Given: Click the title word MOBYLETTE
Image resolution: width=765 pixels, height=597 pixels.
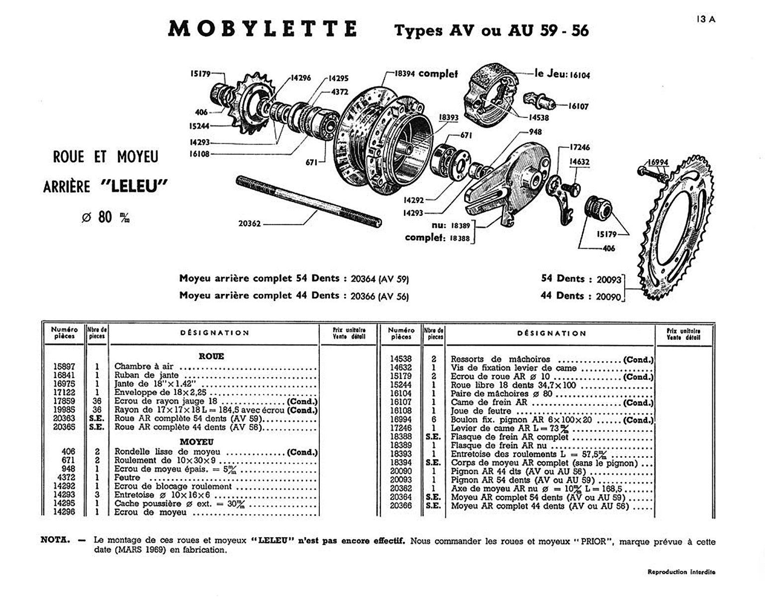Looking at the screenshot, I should tap(263, 29).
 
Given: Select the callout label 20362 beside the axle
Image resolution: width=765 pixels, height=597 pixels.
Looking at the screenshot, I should tap(250, 224).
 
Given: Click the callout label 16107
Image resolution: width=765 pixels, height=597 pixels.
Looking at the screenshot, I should tap(578, 106).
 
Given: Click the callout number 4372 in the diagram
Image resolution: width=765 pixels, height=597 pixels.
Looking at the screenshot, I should tap(340, 92).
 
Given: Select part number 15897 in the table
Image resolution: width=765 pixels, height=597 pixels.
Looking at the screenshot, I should tap(64, 367).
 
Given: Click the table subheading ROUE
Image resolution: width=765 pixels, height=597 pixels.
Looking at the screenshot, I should tap(211, 356).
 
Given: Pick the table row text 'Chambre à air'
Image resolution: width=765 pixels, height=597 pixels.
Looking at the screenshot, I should tap(144, 367).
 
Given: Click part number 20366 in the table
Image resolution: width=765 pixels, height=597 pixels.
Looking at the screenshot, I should tap(401, 506).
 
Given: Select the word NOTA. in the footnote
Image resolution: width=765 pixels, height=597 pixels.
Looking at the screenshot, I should tap(55, 540).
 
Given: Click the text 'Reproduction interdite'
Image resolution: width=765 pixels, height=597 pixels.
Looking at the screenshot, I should tap(681, 572).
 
